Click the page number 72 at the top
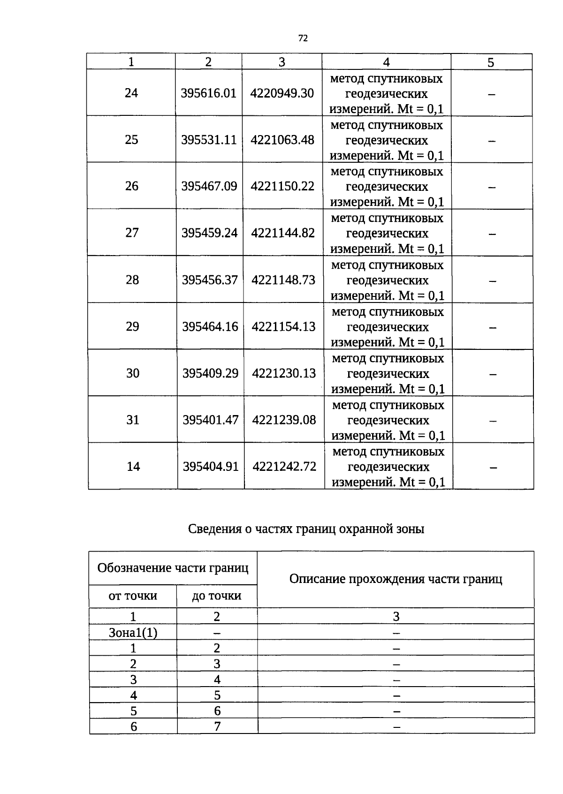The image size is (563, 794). (x=303, y=38)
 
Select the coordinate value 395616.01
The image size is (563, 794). (x=208, y=93)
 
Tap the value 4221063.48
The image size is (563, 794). (x=282, y=140)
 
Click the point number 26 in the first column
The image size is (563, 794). (x=131, y=186)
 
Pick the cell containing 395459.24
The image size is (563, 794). (x=209, y=233)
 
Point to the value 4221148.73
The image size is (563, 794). (x=283, y=280)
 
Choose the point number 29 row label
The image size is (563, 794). (x=132, y=326)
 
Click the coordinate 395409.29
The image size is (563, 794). (x=210, y=373)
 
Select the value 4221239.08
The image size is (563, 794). (x=284, y=420)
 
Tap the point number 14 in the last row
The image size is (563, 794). (x=133, y=467)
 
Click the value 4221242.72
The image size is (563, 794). (x=284, y=467)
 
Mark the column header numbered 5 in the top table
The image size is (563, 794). (x=491, y=62)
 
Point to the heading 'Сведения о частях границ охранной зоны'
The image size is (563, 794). (x=306, y=529)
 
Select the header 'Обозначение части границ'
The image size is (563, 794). (x=173, y=568)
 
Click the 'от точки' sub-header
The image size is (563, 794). (x=133, y=596)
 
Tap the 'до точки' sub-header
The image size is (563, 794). (x=217, y=596)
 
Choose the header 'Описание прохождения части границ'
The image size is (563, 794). (x=396, y=579)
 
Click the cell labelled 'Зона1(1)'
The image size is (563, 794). (x=133, y=633)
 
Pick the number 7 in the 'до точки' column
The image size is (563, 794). (x=217, y=726)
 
